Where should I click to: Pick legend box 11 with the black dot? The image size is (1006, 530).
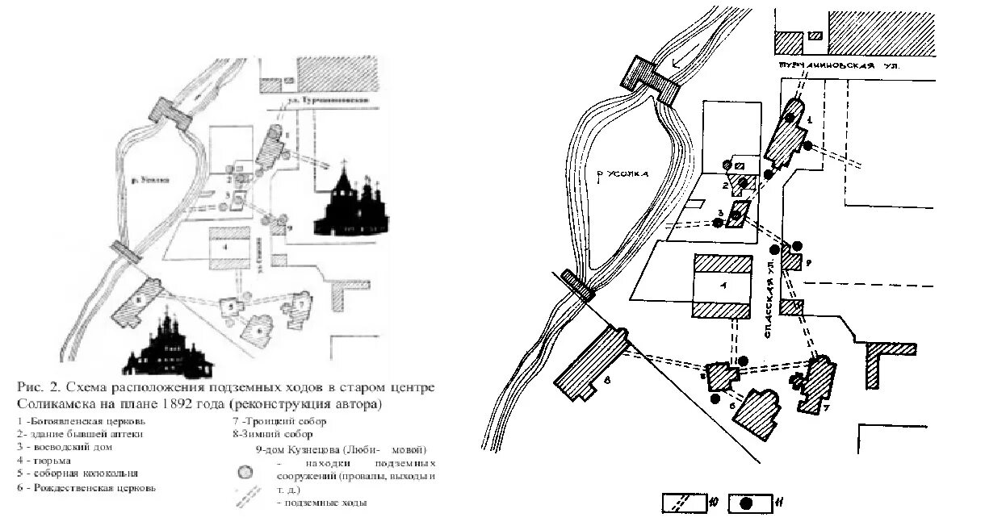750,503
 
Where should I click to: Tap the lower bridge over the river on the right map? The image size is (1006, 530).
578,284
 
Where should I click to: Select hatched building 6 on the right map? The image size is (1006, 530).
760,412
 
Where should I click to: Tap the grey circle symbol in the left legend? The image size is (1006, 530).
244,473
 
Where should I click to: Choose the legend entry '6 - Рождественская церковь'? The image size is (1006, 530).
86,487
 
